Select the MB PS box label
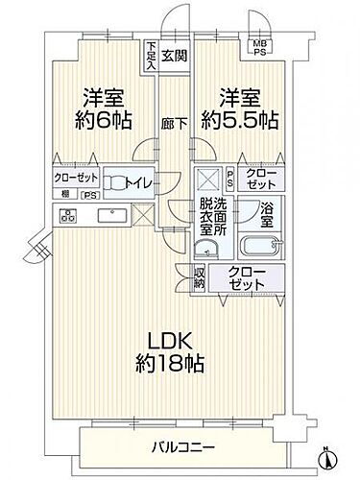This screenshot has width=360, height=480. (x=259, y=47)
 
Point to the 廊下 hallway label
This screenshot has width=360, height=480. (x=174, y=124)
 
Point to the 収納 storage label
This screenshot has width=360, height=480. (x=200, y=277)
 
